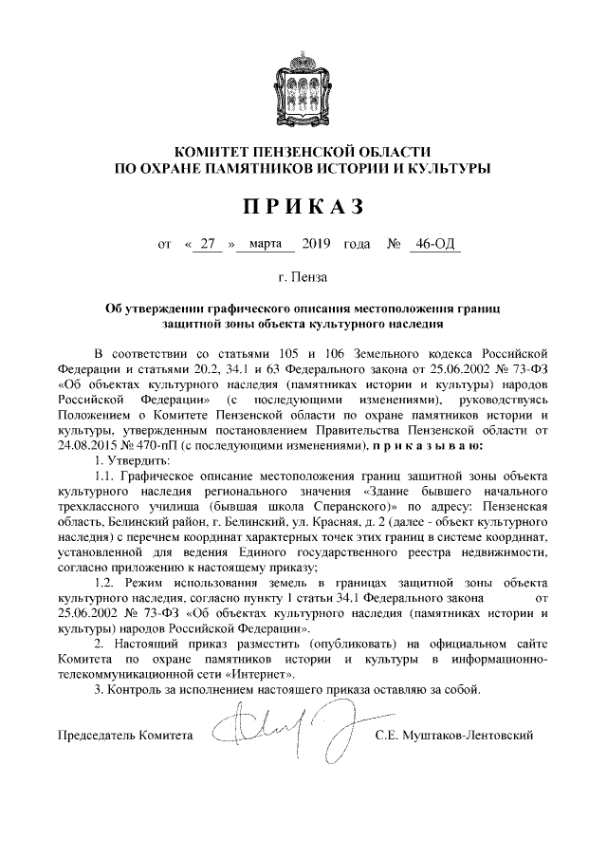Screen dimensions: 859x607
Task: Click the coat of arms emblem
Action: click(x=303, y=84)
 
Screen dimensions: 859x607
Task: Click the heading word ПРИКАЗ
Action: click(x=303, y=207)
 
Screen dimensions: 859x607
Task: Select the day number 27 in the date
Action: click(x=208, y=245)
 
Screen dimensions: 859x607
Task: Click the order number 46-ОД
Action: click(x=432, y=245)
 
